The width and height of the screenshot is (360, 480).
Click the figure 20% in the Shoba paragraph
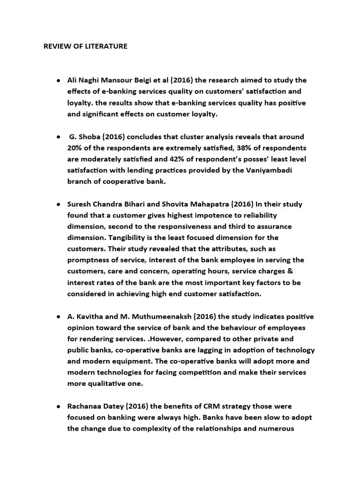pos(75,148)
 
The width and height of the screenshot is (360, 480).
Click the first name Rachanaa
pos(85,406)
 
